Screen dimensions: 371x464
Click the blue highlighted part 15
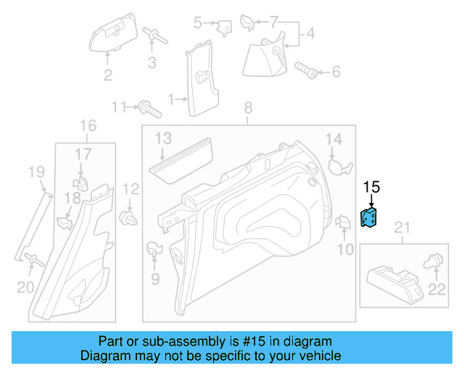tap(370, 219)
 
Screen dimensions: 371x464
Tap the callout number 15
tap(371, 187)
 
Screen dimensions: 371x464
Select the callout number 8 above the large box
tap(248, 108)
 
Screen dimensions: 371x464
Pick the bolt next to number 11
tap(149, 109)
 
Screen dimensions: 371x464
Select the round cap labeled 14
tap(336, 165)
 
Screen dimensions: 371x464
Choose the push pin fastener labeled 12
tap(129, 217)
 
